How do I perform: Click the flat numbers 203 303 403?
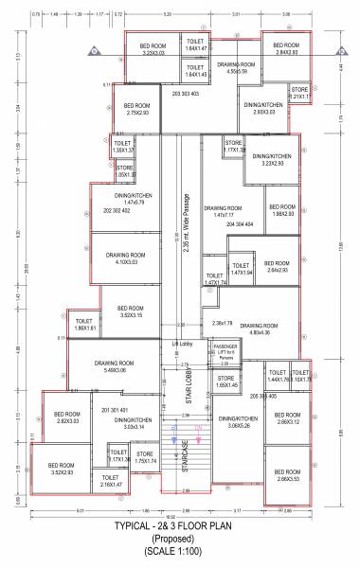pyautogui.click(x=185, y=94)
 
